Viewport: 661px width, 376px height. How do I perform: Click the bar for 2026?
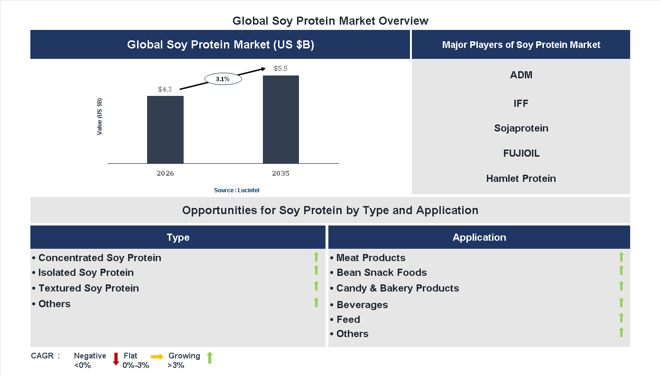coord(165,130)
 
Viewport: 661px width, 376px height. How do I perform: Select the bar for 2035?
coord(281,120)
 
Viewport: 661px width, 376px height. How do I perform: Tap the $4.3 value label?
coord(165,89)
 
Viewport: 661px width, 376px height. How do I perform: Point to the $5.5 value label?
coord(280,68)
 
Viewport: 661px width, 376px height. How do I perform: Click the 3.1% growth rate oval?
coord(223,79)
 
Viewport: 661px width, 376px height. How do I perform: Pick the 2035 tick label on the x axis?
coord(280,173)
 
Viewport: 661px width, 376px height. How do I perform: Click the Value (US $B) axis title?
coord(100,117)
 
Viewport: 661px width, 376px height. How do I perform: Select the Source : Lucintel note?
coord(236,190)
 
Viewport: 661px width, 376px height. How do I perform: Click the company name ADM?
coord(521,75)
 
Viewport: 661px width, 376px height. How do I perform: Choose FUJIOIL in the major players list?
coord(521,153)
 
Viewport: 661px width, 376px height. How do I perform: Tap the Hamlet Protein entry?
coord(521,179)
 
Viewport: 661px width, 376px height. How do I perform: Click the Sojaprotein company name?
coord(521,128)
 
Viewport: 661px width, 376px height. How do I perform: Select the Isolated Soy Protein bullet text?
coord(86,273)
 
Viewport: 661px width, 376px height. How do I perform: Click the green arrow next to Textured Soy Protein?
coord(316,286)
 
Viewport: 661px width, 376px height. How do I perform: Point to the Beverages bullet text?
coord(362,305)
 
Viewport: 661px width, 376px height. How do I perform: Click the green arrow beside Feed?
coord(621,318)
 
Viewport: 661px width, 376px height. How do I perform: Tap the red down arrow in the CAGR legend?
coord(115,359)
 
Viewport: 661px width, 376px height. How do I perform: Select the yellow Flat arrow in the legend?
coord(157,357)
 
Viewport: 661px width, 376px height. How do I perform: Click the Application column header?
coord(479,237)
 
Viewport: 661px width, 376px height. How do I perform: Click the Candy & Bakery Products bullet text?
coord(397,288)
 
